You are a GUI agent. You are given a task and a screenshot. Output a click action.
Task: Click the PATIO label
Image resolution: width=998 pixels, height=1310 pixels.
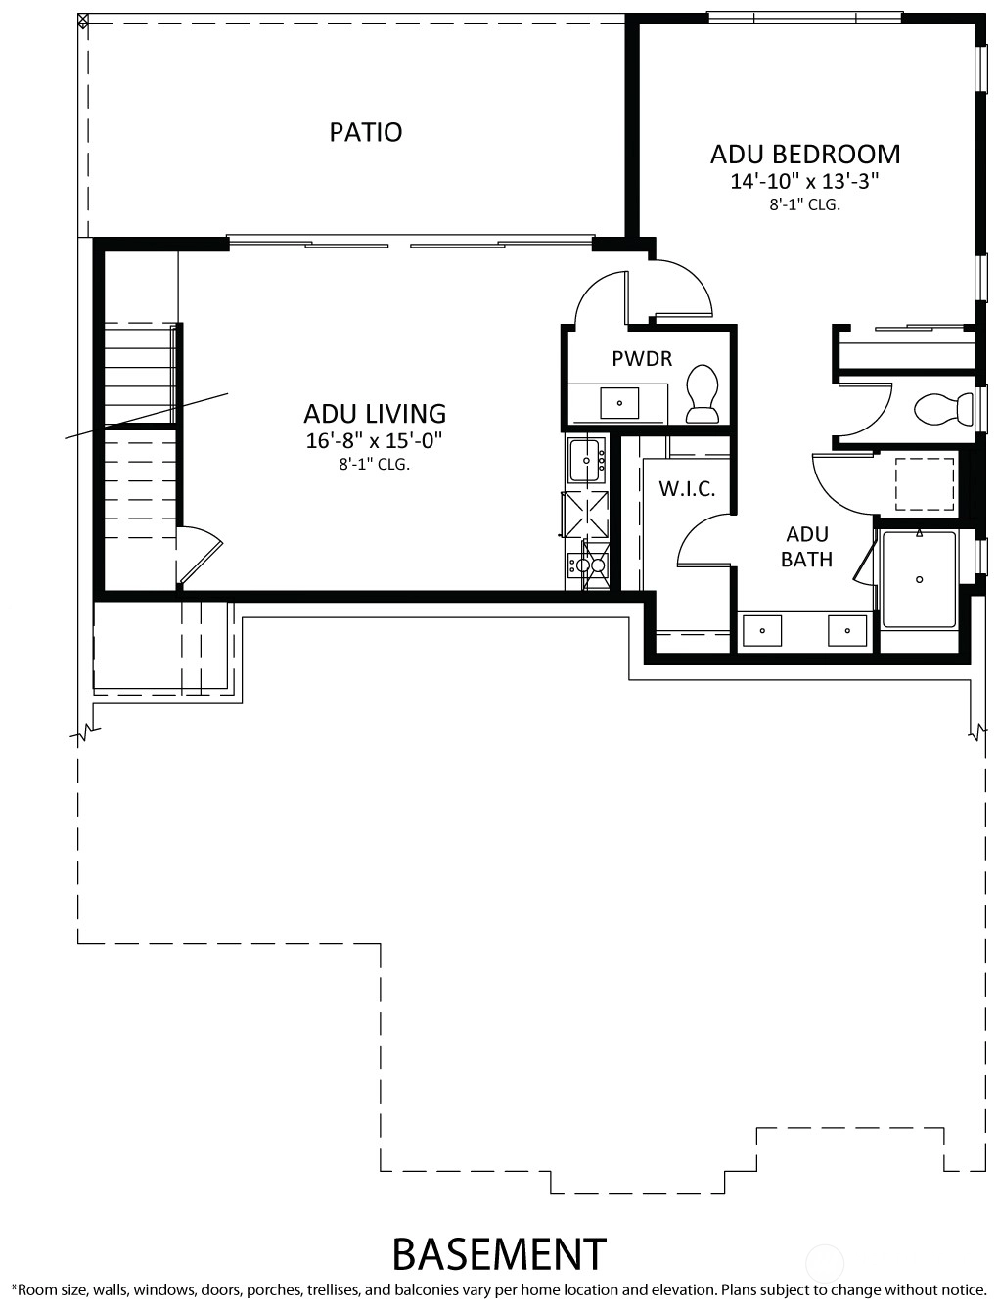[x=365, y=132]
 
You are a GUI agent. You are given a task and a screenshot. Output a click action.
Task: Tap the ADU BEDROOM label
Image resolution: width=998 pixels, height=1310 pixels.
[x=804, y=154]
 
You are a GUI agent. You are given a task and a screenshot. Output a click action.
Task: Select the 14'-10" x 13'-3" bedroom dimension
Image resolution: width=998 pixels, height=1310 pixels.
[x=804, y=181]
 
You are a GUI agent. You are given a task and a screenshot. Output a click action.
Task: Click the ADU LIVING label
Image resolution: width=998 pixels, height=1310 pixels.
[x=375, y=414]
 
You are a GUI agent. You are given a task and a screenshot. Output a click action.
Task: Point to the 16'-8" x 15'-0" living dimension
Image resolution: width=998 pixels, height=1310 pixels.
[x=374, y=440]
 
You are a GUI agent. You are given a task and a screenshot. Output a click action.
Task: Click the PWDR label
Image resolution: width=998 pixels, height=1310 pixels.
[x=642, y=359]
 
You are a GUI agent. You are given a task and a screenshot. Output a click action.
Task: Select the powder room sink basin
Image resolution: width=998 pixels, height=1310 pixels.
[x=619, y=403]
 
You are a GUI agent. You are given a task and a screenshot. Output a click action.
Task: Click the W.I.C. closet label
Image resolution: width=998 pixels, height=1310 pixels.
[x=687, y=489]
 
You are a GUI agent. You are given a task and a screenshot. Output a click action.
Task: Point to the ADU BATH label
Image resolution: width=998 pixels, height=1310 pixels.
[x=807, y=547]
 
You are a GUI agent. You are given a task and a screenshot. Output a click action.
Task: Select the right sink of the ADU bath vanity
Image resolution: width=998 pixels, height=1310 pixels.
[x=847, y=630]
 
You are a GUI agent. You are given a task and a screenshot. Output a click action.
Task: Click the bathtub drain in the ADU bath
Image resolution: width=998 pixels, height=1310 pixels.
[x=919, y=579]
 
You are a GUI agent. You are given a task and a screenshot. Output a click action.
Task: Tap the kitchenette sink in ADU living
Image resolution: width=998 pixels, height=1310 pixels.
[x=587, y=460]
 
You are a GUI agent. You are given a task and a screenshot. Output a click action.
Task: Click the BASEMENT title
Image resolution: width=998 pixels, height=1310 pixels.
[x=499, y=1253]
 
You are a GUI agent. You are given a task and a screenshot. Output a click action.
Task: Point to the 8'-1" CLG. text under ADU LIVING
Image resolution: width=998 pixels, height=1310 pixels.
[x=374, y=465]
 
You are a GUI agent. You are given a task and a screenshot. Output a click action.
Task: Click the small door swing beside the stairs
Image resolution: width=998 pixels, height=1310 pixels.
[x=201, y=553]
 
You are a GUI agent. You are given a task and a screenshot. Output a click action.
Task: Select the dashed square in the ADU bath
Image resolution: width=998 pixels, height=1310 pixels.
[x=925, y=483]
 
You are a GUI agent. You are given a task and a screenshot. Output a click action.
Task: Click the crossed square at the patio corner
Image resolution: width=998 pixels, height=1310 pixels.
[x=83, y=20]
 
